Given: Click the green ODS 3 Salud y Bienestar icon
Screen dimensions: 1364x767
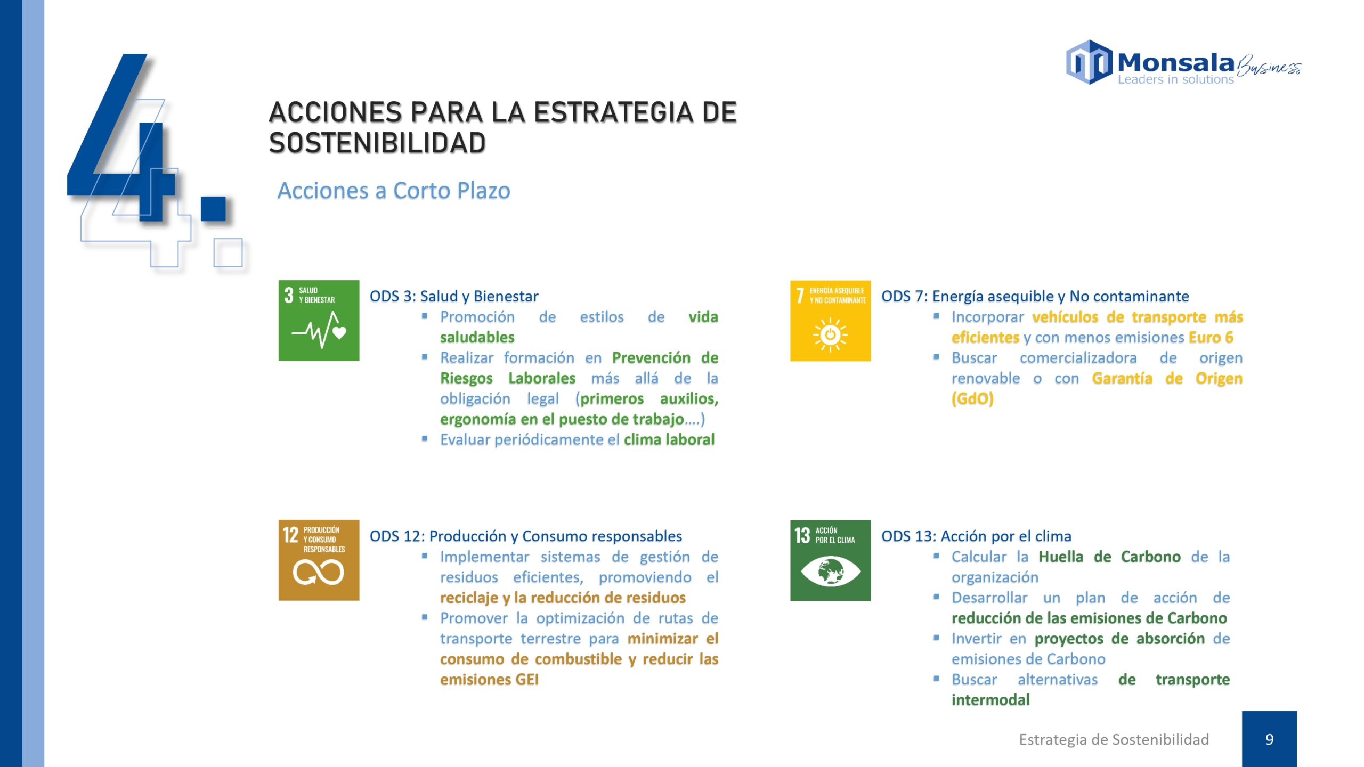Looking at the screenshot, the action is tap(319, 321).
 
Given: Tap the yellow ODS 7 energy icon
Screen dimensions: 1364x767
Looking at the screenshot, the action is tap(830, 321).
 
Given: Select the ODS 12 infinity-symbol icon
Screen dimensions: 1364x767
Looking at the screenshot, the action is tap(319, 560).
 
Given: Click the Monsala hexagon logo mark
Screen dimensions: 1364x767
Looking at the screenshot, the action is tap(1089, 62).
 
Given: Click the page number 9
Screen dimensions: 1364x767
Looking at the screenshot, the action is tap(1270, 739).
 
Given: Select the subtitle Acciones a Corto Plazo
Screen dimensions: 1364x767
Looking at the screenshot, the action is tap(394, 191).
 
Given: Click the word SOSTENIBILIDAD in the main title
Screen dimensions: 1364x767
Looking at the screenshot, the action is tap(377, 143).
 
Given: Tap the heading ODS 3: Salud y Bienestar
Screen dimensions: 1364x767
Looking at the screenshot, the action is tap(454, 296).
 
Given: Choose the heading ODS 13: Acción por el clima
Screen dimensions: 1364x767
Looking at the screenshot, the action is tap(976, 536).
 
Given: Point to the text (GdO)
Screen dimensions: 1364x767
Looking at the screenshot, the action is tap(973, 399).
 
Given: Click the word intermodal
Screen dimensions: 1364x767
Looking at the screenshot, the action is tap(990, 700).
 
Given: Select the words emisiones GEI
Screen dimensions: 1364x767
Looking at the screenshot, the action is tap(489, 680).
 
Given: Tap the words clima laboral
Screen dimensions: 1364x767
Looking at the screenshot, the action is tap(669, 439).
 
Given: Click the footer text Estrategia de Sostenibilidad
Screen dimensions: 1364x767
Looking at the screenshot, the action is tap(1114, 739).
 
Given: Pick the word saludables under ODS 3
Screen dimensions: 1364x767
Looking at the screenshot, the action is tap(477, 337).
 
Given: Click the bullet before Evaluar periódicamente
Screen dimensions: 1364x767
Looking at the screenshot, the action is tap(425, 439).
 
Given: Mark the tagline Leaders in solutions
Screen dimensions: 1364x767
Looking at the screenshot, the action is tap(1175, 79).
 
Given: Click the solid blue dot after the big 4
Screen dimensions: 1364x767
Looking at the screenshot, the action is tap(213, 208).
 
